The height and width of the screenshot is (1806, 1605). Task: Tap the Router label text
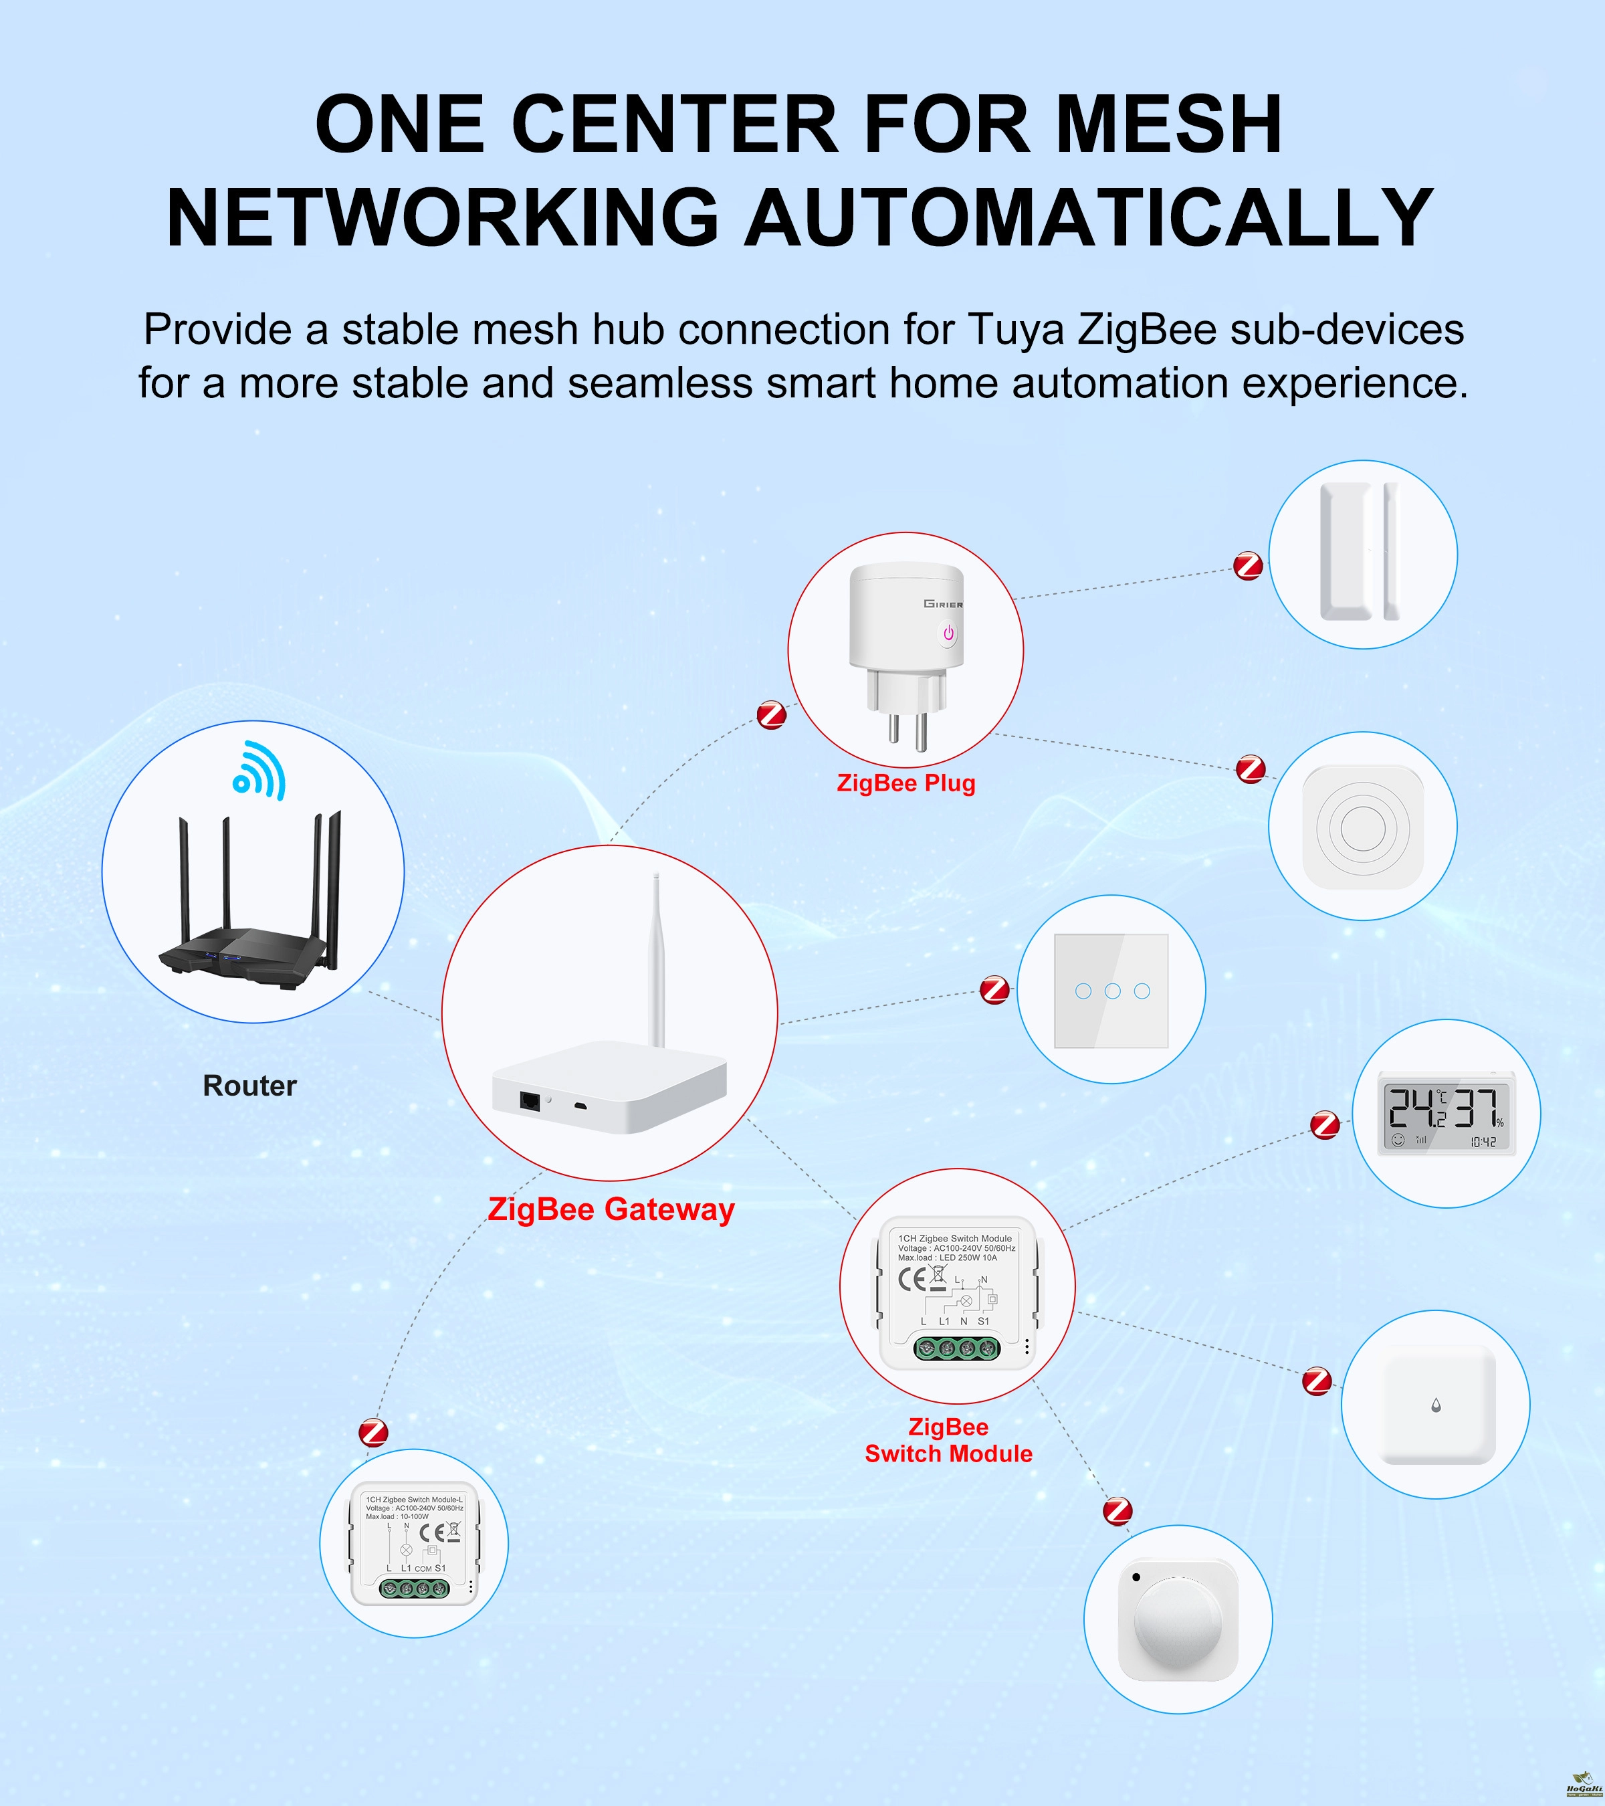(x=250, y=1085)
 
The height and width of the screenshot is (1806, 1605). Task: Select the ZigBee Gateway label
(x=611, y=1209)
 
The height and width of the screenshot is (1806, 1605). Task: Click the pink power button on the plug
(x=948, y=633)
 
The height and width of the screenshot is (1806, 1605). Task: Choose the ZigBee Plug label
(x=906, y=783)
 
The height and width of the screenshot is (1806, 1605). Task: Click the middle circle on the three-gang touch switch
(x=1112, y=991)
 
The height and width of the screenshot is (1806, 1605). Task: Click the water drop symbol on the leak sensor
(x=1436, y=1404)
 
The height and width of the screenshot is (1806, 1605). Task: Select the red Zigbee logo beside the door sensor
(x=1248, y=565)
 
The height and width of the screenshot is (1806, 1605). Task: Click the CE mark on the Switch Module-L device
(x=432, y=1532)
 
